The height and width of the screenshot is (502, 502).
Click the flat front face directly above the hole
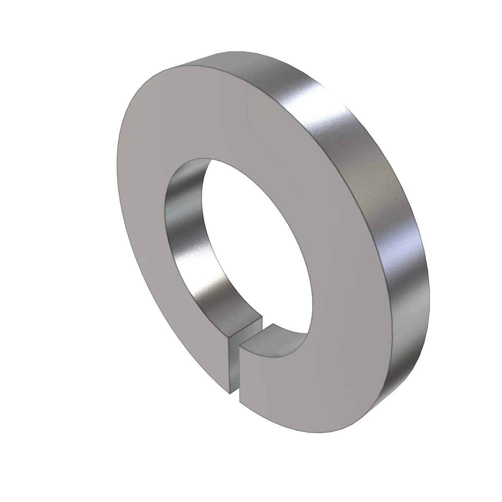(218, 117)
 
